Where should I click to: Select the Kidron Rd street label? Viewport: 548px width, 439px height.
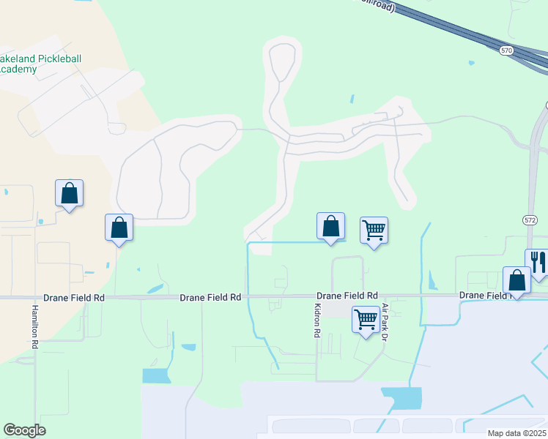317,320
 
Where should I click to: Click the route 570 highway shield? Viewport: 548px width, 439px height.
506,50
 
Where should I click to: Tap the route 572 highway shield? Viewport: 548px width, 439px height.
530,219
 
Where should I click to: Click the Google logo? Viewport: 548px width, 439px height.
24,430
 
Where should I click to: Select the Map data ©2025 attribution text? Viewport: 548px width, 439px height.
516,433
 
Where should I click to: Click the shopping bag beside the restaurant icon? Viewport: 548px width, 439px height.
517,279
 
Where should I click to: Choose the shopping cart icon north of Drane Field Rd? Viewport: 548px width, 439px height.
374,230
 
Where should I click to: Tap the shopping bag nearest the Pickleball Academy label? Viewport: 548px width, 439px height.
69,193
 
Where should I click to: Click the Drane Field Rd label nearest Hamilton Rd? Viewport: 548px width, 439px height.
74,298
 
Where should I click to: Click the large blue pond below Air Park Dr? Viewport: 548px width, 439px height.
402,397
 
